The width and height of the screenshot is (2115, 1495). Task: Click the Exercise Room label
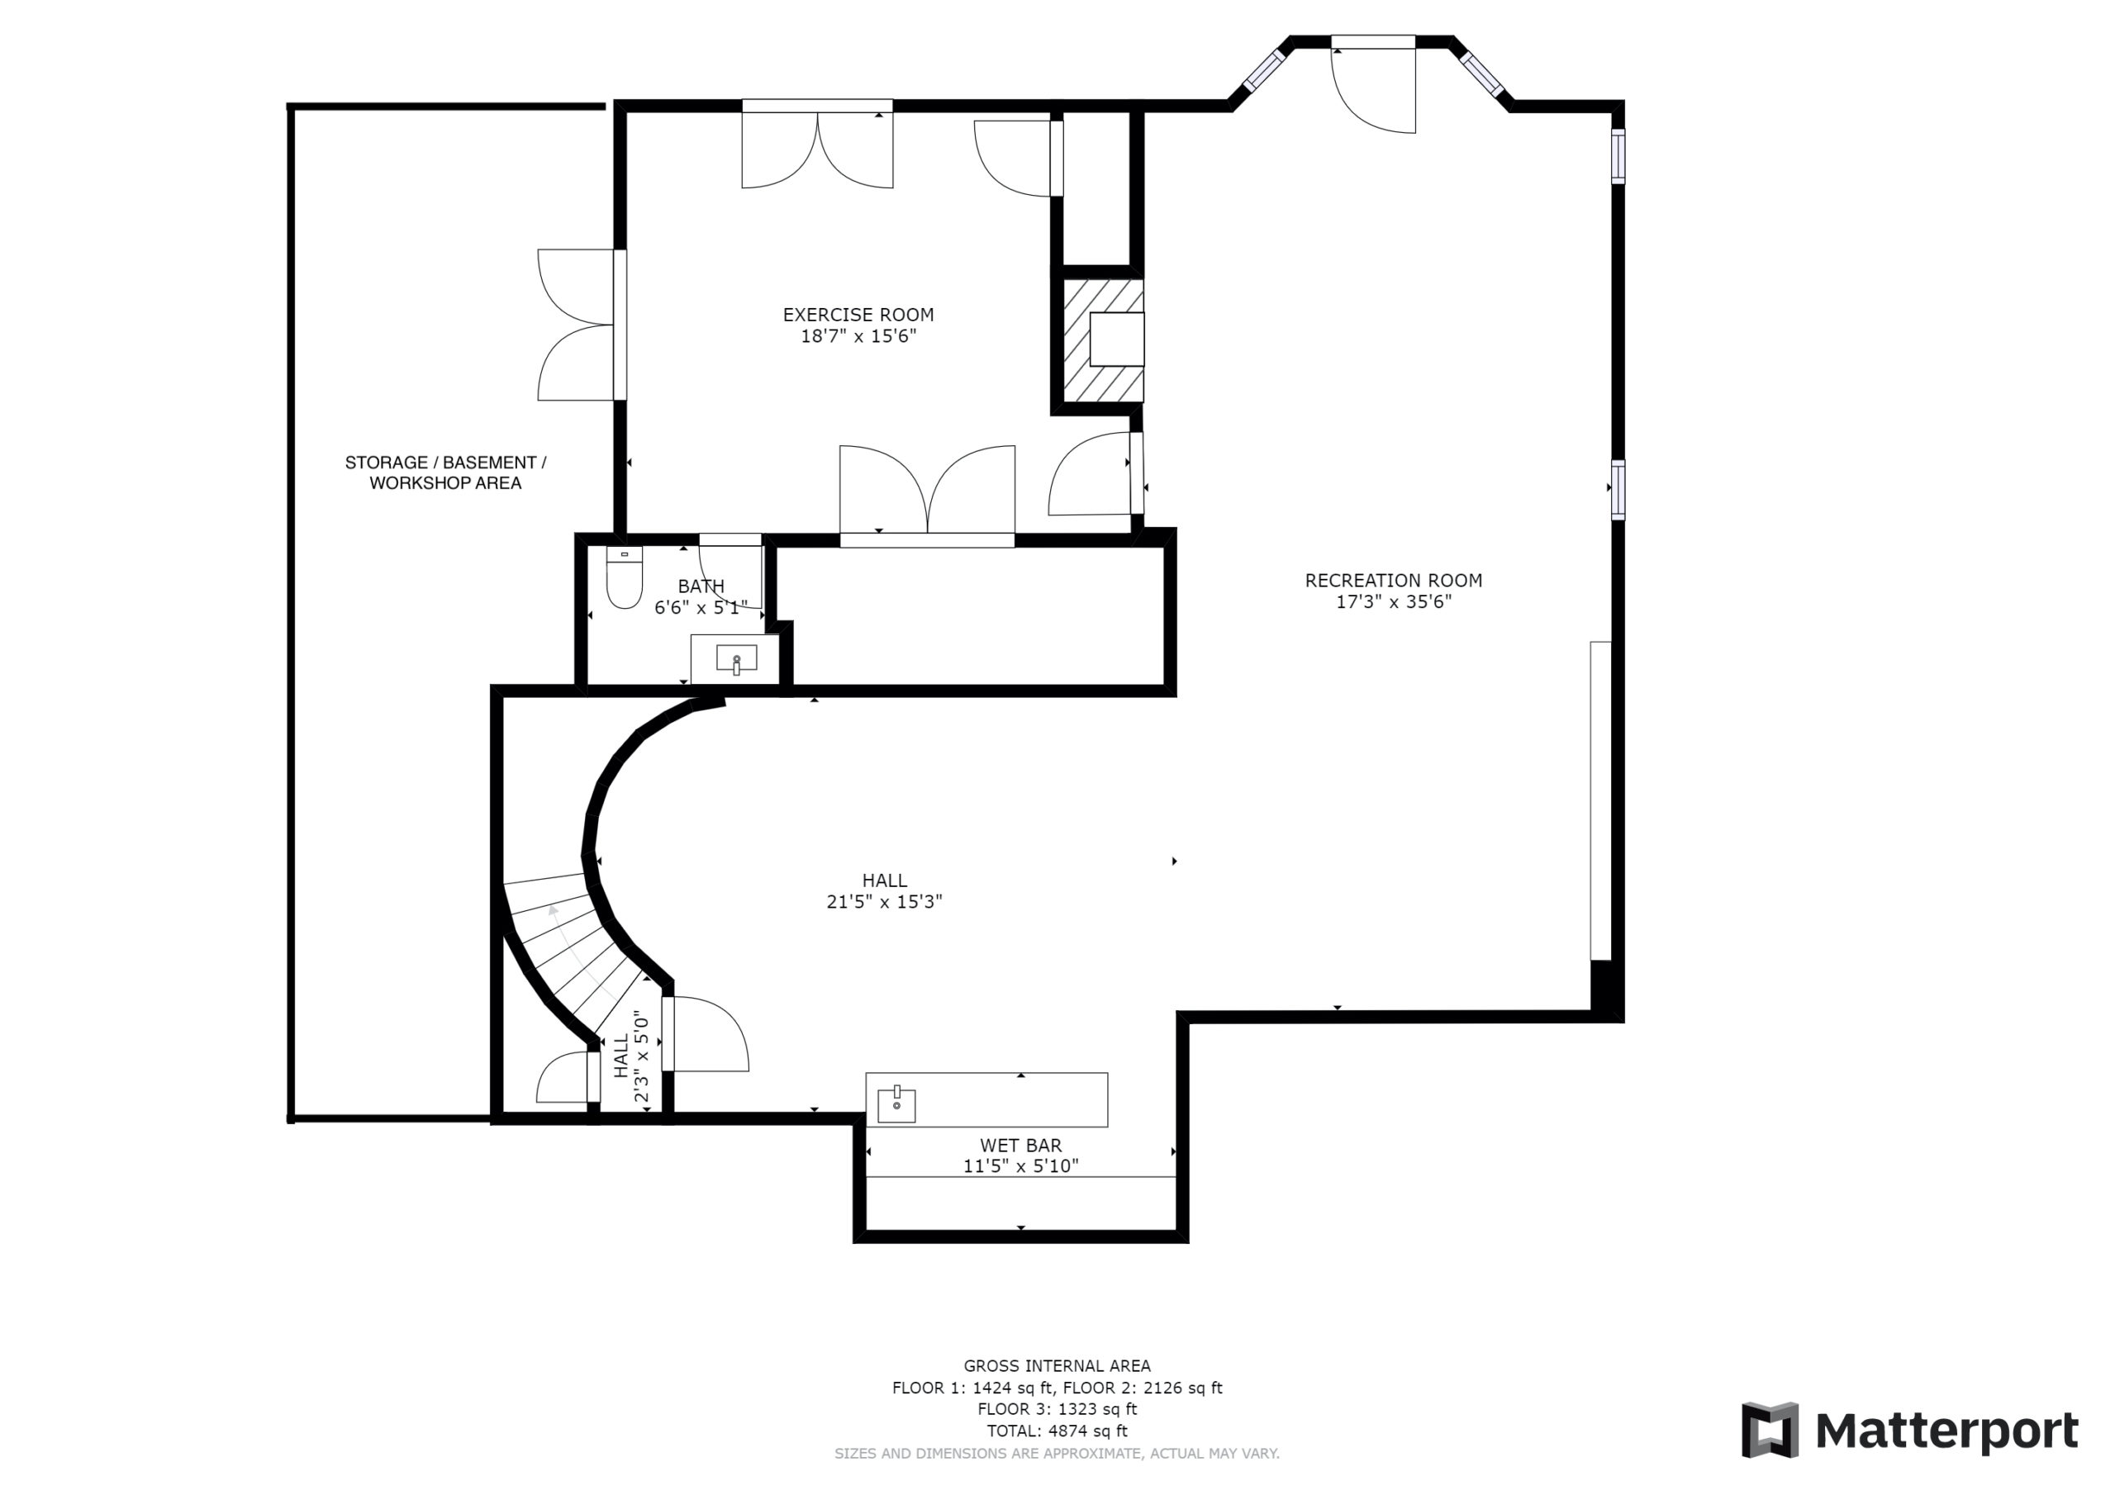858,315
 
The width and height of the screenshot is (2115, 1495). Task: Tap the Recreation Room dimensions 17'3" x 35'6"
1394,602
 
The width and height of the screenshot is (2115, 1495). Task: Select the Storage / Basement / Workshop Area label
446,472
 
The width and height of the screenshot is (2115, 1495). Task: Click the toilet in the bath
625,577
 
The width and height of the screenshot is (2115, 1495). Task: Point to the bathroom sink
736,658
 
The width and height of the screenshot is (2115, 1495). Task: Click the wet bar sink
896,1104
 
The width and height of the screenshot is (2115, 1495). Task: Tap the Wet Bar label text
1020,1146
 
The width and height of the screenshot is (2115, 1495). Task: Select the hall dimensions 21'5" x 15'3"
884,902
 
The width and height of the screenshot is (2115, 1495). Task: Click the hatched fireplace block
1104,340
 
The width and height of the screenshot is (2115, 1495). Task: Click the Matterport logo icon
1770,1431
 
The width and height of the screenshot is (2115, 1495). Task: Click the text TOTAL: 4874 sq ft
1057,1431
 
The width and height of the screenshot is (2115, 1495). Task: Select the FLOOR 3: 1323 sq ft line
1057,1409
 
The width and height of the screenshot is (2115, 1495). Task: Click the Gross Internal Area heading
1057,1366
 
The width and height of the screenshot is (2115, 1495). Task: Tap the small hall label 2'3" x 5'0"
642,1058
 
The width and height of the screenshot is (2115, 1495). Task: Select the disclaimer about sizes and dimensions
1057,1454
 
